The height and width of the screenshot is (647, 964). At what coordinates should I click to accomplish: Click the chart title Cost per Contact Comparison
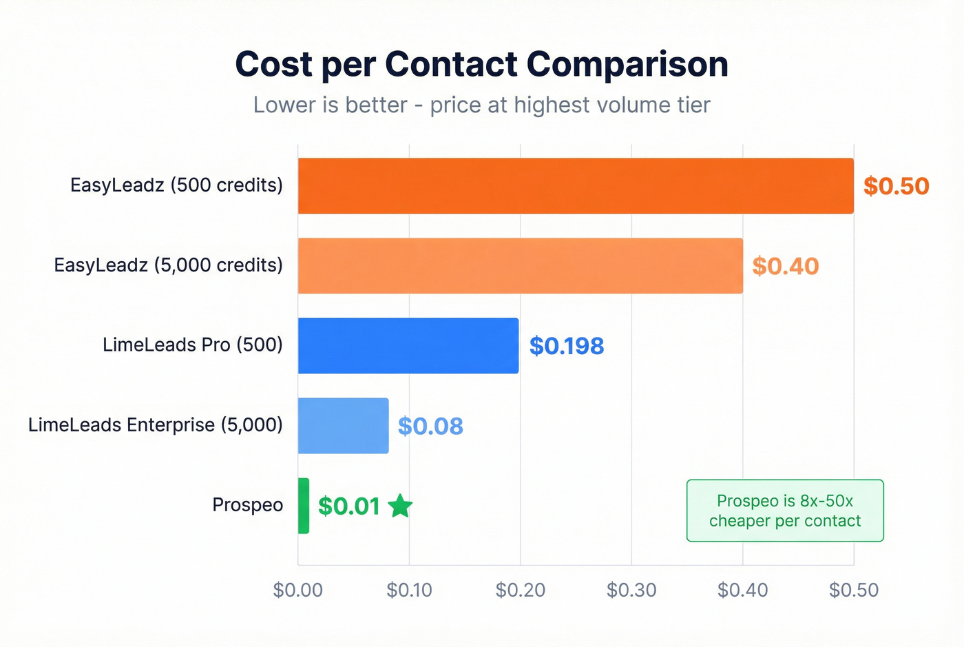481,65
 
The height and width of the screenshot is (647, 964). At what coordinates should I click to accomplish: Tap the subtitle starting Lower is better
481,105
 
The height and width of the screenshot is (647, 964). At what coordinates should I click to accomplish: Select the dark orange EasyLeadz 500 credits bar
575,186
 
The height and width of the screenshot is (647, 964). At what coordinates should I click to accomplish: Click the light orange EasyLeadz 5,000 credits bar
520,266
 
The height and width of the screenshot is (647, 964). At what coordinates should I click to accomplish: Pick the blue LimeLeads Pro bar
408,346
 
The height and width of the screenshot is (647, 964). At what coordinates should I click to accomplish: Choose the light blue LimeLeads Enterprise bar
343,426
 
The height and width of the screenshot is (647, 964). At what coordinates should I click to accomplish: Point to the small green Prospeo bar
304,506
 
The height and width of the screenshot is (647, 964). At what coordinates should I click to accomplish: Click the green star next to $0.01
400,506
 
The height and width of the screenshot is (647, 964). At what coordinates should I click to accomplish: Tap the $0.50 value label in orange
896,186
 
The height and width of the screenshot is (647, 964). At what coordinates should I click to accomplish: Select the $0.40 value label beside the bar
785,266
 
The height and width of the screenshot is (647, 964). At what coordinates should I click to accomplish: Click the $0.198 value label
566,346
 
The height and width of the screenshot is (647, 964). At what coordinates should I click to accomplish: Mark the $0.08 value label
430,426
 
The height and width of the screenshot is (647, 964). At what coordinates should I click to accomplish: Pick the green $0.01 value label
349,506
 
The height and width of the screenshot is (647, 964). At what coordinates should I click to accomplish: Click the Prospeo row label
247,505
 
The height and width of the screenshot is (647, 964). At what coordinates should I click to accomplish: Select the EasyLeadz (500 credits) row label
176,185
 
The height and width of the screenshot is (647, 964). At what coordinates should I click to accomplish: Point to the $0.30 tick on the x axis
631,590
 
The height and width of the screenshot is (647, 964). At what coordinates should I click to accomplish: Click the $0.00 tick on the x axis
297,590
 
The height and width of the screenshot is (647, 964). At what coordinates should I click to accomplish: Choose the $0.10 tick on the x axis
409,590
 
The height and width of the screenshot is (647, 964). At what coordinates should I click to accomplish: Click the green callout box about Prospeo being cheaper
785,511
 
